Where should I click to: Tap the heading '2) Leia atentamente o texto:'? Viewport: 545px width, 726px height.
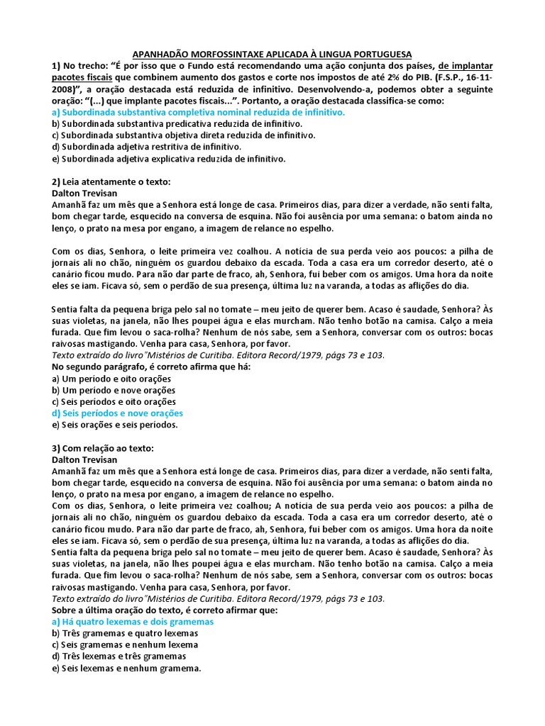(111, 181)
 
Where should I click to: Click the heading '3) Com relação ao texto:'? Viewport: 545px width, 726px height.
(102, 448)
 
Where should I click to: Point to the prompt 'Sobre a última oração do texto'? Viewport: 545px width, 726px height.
(165, 610)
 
